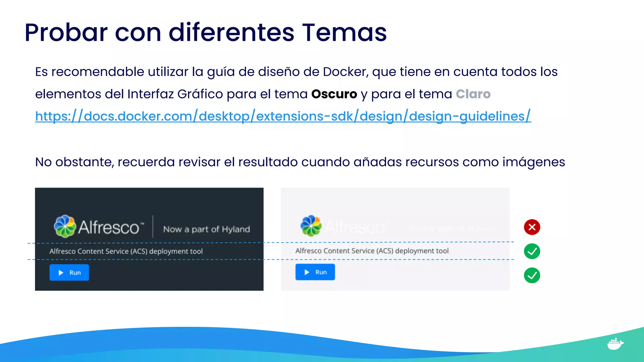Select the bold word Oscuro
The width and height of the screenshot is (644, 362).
(x=334, y=94)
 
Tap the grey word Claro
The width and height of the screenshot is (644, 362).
(x=473, y=94)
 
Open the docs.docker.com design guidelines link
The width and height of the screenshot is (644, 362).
(x=283, y=116)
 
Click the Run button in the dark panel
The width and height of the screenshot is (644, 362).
(x=69, y=272)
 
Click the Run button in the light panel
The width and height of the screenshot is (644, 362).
(x=315, y=272)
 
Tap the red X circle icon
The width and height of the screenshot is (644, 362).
(x=532, y=227)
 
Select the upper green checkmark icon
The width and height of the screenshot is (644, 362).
(x=532, y=251)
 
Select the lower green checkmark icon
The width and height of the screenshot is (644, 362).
(x=532, y=276)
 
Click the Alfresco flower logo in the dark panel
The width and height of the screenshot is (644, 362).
(x=65, y=226)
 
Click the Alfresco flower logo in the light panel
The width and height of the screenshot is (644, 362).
(x=311, y=226)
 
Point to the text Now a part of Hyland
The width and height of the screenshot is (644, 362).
(x=206, y=229)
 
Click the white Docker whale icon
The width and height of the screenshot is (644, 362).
(x=615, y=344)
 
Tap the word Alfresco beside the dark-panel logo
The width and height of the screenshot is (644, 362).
(x=109, y=227)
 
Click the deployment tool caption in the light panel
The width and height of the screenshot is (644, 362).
(x=372, y=251)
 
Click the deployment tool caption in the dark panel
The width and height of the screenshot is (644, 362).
(x=126, y=251)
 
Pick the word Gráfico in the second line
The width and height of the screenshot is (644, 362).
(x=200, y=94)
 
